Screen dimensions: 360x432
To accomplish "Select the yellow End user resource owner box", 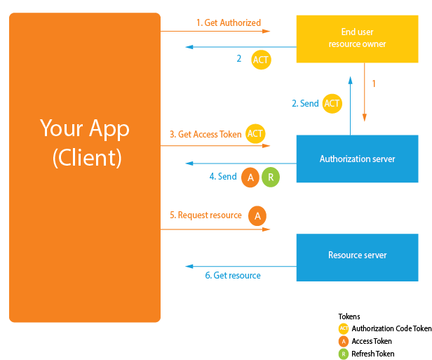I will (x=357, y=39).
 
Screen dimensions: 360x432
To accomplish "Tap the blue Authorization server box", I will (x=357, y=159).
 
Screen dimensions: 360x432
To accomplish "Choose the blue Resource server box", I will (x=357, y=255).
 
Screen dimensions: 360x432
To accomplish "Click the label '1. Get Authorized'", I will (x=228, y=23).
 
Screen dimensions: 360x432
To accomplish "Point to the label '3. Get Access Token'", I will (x=205, y=134).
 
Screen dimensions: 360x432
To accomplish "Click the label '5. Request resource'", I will (x=205, y=215).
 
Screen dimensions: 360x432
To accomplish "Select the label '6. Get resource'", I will (x=232, y=276).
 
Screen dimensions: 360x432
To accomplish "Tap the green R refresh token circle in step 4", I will (x=271, y=178).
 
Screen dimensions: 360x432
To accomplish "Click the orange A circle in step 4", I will (x=250, y=178).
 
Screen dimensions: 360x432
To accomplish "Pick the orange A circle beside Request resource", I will (x=257, y=216).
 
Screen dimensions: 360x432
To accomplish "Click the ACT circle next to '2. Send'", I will (x=332, y=103).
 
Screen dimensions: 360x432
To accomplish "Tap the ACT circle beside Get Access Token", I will (x=256, y=133).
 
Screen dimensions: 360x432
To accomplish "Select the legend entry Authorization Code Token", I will (x=391, y=328).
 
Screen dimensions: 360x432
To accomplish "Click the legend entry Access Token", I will (x=372, y=341).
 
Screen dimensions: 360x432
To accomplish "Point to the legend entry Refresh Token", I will (x=372, y=354).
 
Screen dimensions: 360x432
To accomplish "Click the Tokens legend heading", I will (x=349, y=316).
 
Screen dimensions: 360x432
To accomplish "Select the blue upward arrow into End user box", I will (x=350, y=98).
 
